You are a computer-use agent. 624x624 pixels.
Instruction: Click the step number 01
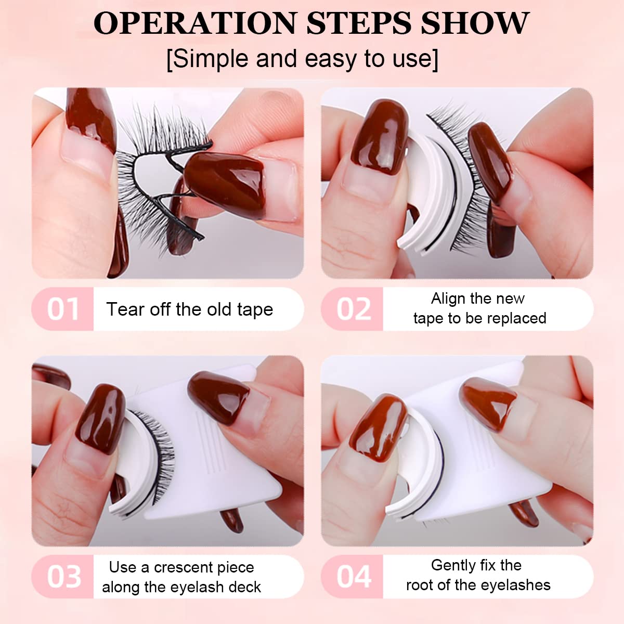[x=63, y=309]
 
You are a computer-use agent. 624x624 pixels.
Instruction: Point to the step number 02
[x=354, y=309]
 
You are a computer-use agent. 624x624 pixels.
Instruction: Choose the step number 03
[x=64, y=577]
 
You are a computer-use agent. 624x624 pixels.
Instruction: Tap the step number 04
[x=354, y=577]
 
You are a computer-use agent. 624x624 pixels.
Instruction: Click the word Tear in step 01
[x=125, y=309]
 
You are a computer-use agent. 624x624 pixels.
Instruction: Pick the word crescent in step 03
[x=204, y=567]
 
